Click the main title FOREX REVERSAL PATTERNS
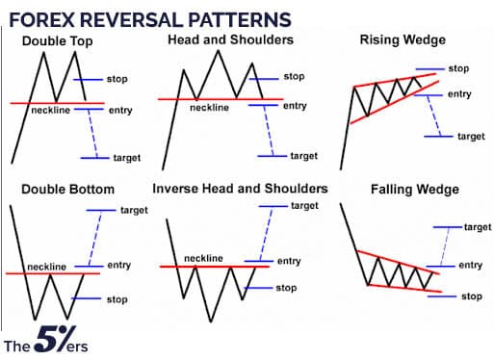click(x=152, y=18)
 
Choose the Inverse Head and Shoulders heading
click(x=238, y=189)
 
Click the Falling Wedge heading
click(x=405, y=189)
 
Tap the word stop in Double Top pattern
click(x=116, y=78)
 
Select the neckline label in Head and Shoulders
click(x=208, y=108)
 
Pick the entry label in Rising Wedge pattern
click(x=459, y=93)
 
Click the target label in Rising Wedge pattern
click(x=471, y=137)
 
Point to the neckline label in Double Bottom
click(x=46, y=266)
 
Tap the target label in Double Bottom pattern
click(x=133, y=210)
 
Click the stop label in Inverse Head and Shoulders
click(x=286, y=287)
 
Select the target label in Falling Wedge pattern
click(x=477, y=226)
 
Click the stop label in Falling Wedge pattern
click(x=471, y=296)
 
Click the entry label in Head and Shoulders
click(x=294, y=106)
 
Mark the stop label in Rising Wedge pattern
click(x=458, y=69)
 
